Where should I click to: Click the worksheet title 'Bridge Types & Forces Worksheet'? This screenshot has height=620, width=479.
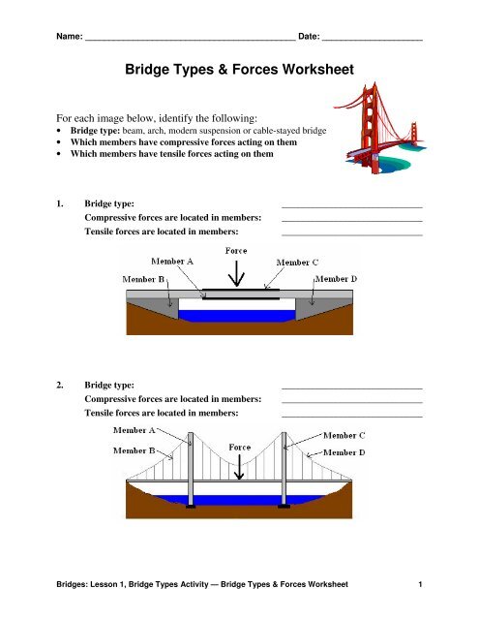[x=238, y=70]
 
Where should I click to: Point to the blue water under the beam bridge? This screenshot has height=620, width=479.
[x=237, y=315]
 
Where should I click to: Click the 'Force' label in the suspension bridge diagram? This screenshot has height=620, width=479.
[x=239, y=448]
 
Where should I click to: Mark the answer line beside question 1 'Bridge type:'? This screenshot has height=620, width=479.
[x=351, y=206]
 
